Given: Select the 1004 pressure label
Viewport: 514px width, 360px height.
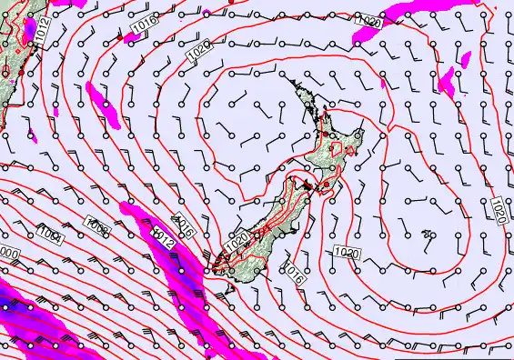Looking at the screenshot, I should coord(51,238).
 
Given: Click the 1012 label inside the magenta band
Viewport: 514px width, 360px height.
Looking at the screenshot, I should coord(164,240).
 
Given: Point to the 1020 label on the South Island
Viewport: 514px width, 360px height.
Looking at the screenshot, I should coord(237,242).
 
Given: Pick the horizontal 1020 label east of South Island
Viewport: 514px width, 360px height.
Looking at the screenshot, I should coord(345,251).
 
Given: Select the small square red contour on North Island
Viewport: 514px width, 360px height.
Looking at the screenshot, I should coord(338,147).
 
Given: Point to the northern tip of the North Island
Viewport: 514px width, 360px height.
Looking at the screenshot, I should coord(293,79).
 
